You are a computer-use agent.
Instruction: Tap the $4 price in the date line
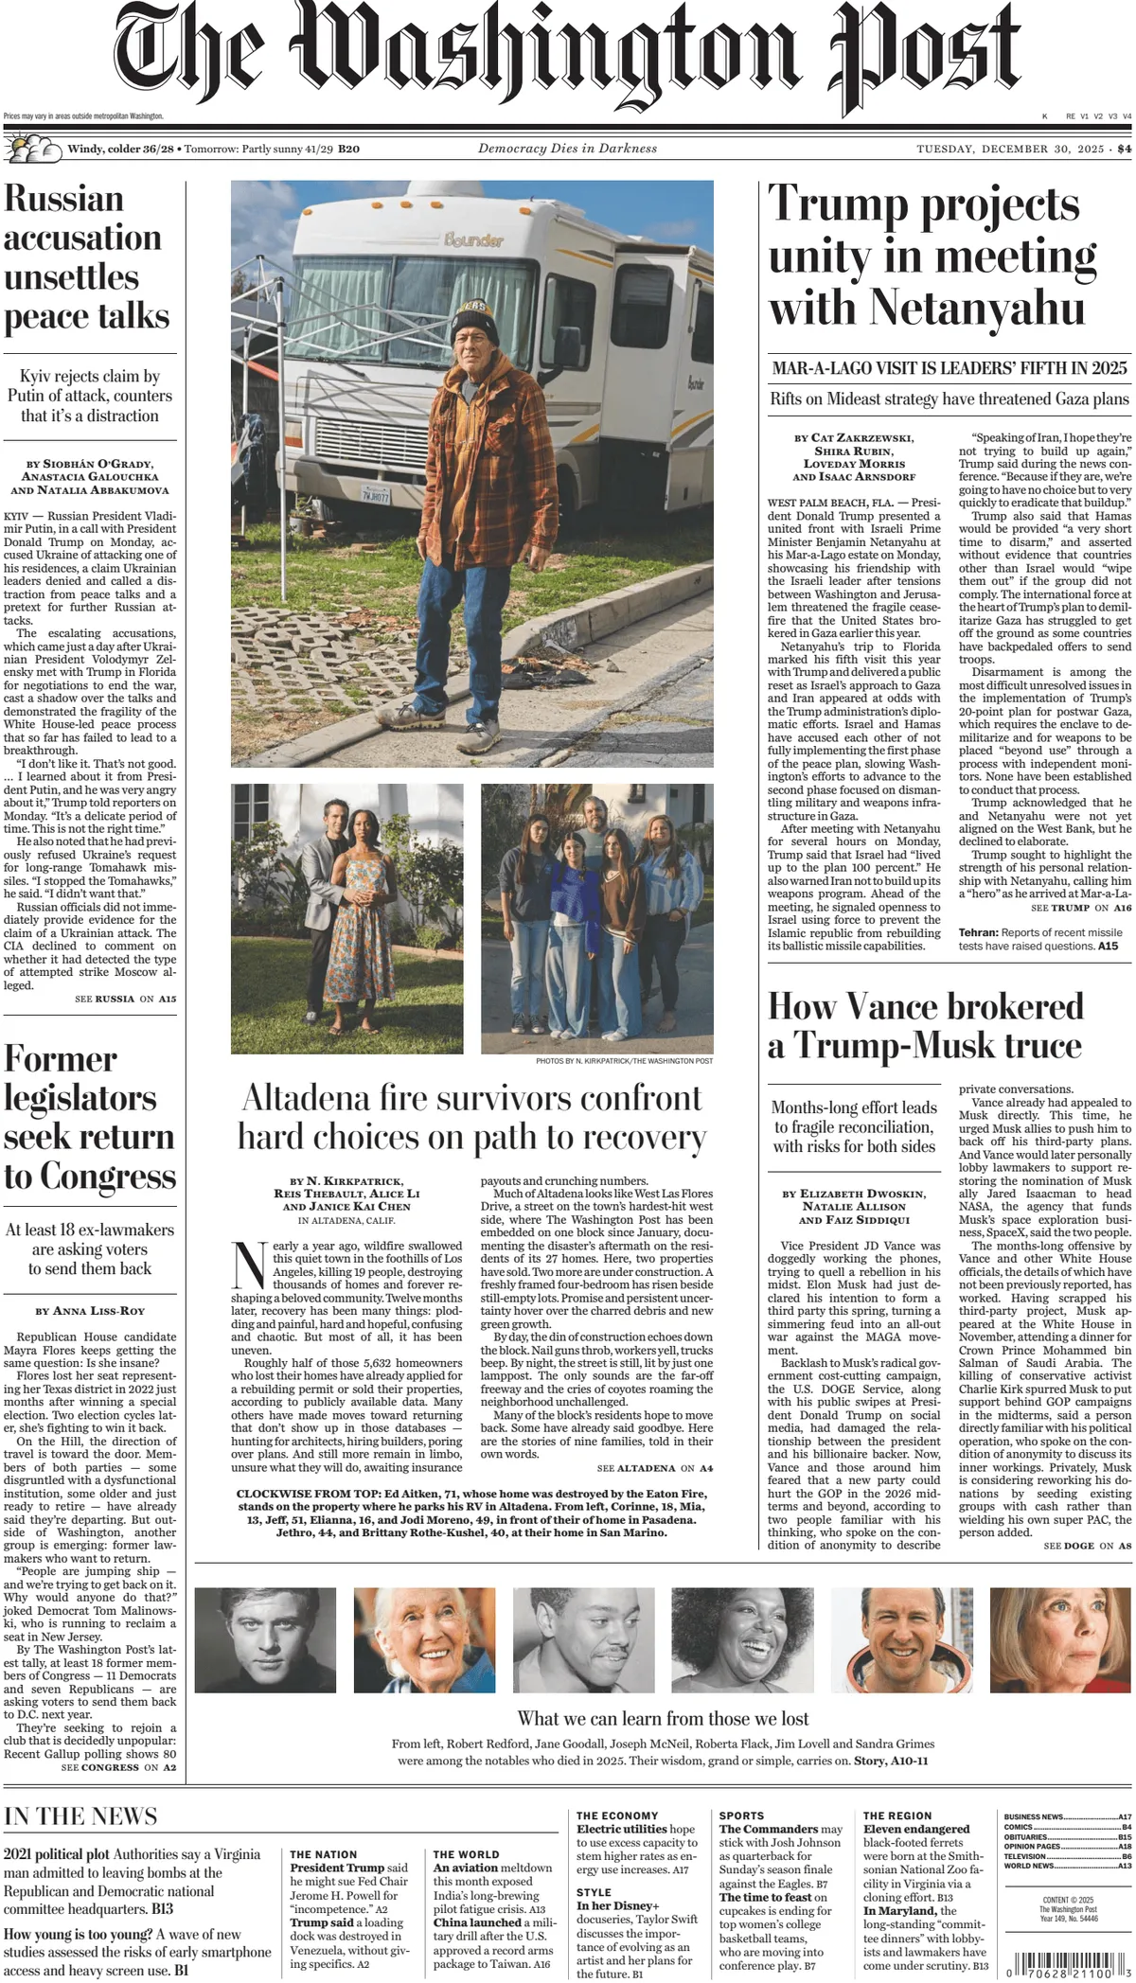[x=1124, y=149]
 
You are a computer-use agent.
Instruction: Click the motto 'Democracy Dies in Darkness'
[x=567, y=149]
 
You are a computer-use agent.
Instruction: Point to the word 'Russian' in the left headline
[x=63, y=199]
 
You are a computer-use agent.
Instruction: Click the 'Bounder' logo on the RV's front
[x=474, y=240]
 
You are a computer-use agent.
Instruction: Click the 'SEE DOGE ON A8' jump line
[x=1087, y=1201]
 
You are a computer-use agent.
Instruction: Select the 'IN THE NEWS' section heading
[x=80, y=1816]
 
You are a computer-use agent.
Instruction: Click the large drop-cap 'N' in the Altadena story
[x=249, y=1266]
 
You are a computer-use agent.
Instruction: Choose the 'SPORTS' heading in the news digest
[x=741, y=1815]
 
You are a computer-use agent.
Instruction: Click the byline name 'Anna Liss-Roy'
[x=98, y=1311]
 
